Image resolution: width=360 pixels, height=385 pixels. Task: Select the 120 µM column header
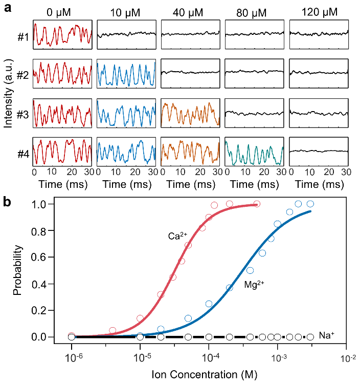319,12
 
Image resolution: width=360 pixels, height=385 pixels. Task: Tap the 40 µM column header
190,12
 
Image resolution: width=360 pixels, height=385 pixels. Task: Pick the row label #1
21,35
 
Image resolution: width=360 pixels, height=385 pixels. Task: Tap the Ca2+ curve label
177,237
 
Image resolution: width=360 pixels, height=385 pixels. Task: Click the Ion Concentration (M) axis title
210,374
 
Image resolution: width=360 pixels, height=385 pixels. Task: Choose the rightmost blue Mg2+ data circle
309,204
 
